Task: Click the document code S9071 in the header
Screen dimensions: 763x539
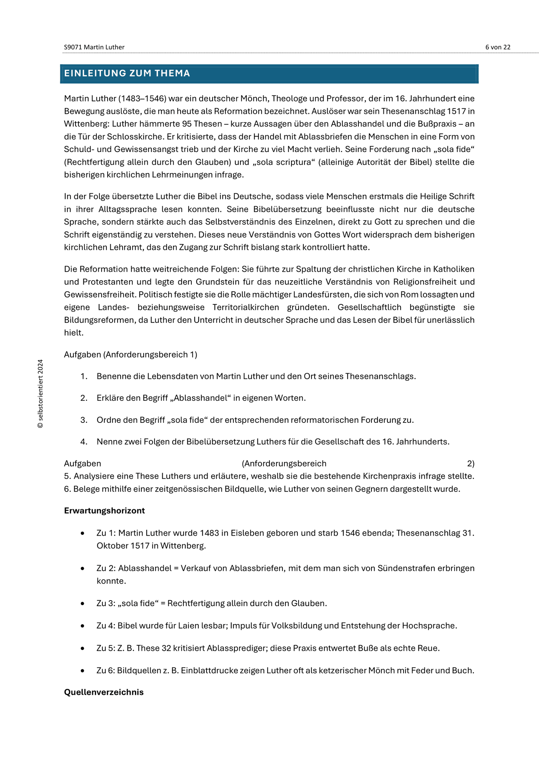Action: click(73, 47)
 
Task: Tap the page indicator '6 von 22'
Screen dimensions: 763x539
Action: click(498, 47)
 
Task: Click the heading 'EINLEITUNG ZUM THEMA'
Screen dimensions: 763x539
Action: click(127, 73)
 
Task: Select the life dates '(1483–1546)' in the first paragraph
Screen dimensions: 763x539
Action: click(141, 99)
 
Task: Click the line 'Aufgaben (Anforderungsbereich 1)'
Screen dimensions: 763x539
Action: click(131, 355)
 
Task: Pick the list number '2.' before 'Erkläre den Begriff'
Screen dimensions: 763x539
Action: click(84, 398)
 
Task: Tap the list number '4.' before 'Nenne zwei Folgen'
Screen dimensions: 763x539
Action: click(84, 442)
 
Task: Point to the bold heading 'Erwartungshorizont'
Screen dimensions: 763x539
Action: click(104, 511)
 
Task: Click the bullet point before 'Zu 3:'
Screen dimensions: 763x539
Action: click(82, 604)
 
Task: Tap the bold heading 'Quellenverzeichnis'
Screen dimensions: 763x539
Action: click(104, 692)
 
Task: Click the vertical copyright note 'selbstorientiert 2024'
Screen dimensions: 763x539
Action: click(41, 394)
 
